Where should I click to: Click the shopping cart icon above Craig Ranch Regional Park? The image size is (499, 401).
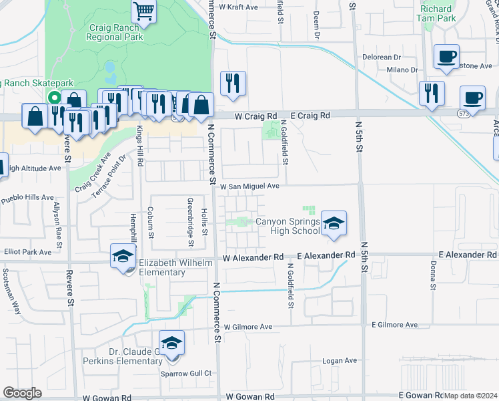click(x=143, y=11)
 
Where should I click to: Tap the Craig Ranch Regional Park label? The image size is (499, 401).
click(x=115, y=33)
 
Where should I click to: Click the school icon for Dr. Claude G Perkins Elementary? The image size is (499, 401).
click(x=172, y=345)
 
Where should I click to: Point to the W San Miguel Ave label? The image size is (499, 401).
click(x=249, y=186)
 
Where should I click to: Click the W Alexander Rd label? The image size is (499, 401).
click(x=254, y=257)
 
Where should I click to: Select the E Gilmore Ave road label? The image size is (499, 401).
click(x=394, y=325)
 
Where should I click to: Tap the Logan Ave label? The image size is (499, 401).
click(x=340, y=360)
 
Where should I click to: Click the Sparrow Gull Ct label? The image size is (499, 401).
click(x=186, y=373)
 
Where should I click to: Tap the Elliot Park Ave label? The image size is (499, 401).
click(x=26, y=253)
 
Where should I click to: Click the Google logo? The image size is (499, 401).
click(x=22, y=393)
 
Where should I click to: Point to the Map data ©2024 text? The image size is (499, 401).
click(x=471, y=396)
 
